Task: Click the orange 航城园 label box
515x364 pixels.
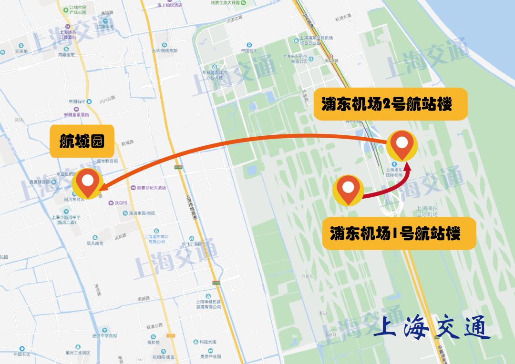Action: pyautogui.click(x=82, y=142)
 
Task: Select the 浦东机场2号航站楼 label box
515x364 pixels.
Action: pyautogui.click(x=390, y=104)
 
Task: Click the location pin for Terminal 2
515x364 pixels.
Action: pyautogui.click(x=402, y=145)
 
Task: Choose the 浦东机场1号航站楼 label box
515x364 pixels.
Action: pyautogui.click(x=399, y=233)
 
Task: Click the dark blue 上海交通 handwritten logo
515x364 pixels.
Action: pyautogui.click(x=432, y=327)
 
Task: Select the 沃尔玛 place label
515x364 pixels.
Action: pyautogui.click(x=120, y=202)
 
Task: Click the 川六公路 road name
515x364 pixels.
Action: pyautogui.click(x=107, y=98)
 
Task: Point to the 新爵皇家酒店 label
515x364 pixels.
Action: pyautogui.click(x=76, y=115)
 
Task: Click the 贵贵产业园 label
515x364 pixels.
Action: pyautogui.click(x=210, y=356)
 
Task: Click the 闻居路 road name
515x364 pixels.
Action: pyautogui.click(x=144, y=299)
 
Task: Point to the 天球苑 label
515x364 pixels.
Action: pyautogui.click(x=21, y=51)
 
